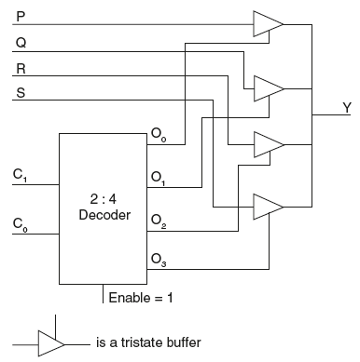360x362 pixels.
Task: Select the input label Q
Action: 21,41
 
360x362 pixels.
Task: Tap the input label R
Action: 21,69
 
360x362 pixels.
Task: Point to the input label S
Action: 21,92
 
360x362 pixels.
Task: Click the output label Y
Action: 347,108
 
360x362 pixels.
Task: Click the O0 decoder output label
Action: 157,136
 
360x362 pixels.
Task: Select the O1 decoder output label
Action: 157,176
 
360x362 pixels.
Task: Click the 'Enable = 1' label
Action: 141,299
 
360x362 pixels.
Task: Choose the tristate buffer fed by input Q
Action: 268,87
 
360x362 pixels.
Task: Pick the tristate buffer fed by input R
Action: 268,143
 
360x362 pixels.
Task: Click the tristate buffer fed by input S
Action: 268,204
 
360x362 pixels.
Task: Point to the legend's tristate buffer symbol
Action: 50,343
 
